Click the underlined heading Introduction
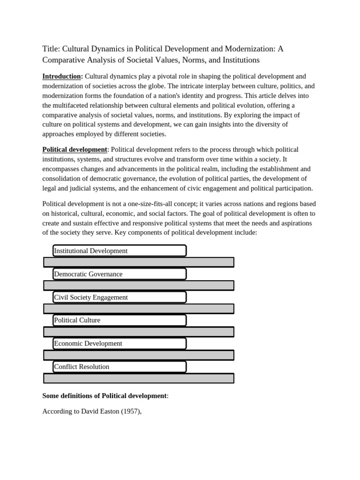(x=62, y=76)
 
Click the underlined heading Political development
(x=75, y=149)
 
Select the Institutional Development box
(x=120, y=251)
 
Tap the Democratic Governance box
(x=120, y=274)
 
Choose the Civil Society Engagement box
(x=120, y=297)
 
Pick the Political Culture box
(x=120, y=320)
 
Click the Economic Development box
(x=120, y=344)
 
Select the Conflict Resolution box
(x=120, y=367)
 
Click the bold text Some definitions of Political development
(x=105, y=396)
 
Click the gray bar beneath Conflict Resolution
(x=139, y=378)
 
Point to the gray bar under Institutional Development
(x=139, y=262)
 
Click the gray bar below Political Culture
(x=139, y=332)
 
